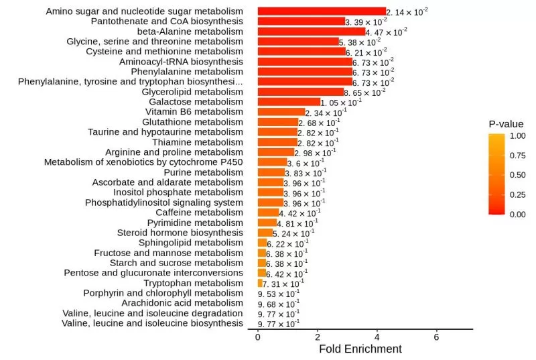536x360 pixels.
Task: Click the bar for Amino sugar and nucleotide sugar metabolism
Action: click(x=322, y=11)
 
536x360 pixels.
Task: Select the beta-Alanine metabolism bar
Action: click(x=312, y=32)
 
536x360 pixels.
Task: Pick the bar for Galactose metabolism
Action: click(x=289, y=102)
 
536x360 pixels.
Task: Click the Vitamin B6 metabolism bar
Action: click(x=281, y=112)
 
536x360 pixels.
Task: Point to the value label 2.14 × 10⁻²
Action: click(x=407, y=11)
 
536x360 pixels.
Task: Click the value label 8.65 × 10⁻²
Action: click(x=364, y=92)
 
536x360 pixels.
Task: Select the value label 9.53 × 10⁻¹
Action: click(x=279, y=294)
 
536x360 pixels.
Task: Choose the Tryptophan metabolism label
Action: click(x=194, y=283)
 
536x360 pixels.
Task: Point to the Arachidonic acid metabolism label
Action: click(x=182, y=303)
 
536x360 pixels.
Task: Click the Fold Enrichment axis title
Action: click(x=360, y=349)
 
